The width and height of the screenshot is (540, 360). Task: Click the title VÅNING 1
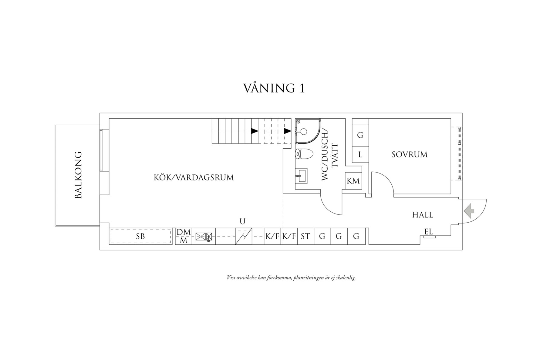(274, 88)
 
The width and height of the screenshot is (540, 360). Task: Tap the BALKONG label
(78, 175)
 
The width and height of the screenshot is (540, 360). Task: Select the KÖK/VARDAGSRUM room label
(194, 177)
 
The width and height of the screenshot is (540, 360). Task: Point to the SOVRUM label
(410, 154)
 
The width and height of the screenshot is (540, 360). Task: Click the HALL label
(422, 215)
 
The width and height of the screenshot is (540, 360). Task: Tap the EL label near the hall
(429, 232)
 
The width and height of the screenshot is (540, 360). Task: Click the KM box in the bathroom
(353, 181)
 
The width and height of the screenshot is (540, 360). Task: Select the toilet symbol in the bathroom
(304, 154)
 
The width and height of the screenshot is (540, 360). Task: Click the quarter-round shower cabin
(307, 131)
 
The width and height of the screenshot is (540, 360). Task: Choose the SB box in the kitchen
(140, 236)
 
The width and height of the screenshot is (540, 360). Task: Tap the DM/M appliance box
(184, 236)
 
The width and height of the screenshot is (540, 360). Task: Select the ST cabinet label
(305, 236)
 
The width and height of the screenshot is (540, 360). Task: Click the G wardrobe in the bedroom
(360, 135)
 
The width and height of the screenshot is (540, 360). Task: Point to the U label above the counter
(242, 221)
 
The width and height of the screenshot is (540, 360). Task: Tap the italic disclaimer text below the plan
(291, 278)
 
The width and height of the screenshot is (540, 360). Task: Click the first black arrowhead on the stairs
(255, 131)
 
